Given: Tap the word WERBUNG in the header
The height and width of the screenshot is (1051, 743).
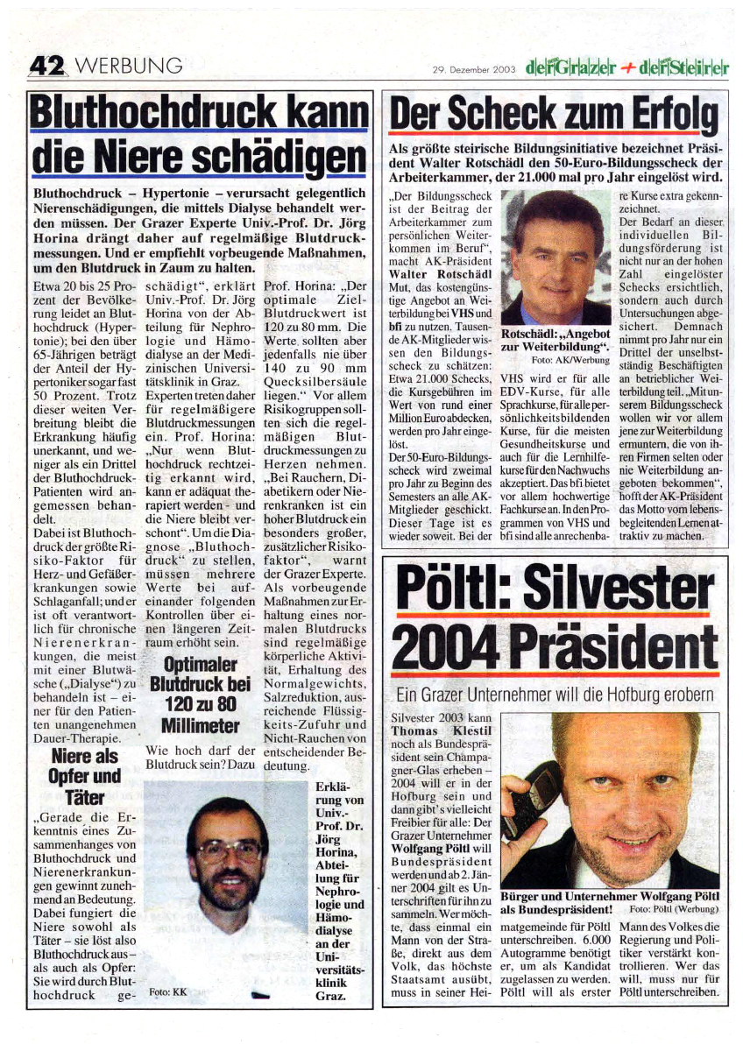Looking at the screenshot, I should tap(130, 67).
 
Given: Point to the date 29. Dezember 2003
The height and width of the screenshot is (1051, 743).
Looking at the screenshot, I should tap(473, 68).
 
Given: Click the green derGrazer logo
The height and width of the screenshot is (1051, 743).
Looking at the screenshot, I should tap(572, 67).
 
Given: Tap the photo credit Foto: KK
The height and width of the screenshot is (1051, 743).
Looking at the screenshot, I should tap(168, 991).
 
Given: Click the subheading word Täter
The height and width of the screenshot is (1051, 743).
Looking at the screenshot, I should tap(84, 796).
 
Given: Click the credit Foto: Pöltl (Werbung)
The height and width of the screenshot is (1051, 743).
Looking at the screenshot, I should tap(675, 909).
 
